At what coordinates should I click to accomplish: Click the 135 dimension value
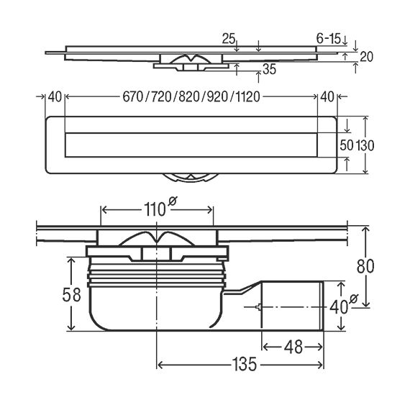pos(245,364)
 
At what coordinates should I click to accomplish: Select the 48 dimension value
pos(293,347)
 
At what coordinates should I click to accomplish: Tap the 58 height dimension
pos(71,295)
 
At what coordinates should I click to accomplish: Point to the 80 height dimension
pos(365,266)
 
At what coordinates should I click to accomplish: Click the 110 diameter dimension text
pos(155,210)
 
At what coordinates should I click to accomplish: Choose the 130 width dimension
pos(365,145)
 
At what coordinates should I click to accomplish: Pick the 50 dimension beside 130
pos(347,145)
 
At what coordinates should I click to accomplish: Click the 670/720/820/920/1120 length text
pos(191,97)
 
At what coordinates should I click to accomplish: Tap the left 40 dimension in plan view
pos(55,97)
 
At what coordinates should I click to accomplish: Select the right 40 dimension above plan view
pos(327,97)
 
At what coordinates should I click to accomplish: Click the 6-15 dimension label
pos(329,39)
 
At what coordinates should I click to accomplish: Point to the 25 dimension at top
pos(229,39)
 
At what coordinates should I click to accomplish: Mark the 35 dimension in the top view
pos(269,69)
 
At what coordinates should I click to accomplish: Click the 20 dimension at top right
pos(366,57)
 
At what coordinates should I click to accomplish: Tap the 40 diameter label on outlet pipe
pos(339,306)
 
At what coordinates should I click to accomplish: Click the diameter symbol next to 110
pos(173,201)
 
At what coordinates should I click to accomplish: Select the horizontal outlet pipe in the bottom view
pos(292,306)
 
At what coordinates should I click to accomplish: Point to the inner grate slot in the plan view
pos(191,145)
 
